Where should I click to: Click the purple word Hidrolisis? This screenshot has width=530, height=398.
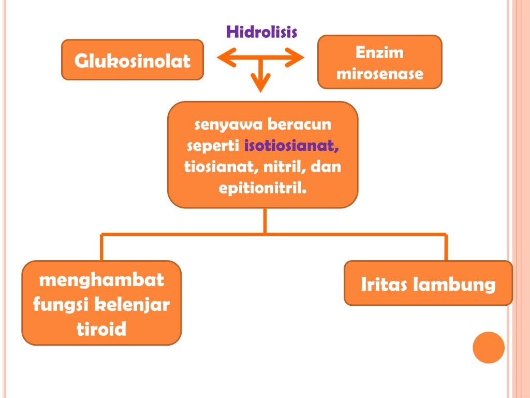(x=261, y=32)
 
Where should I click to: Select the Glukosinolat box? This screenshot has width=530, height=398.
(x=132, y=60)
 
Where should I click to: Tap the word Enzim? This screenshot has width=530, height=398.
(x=379, y=53)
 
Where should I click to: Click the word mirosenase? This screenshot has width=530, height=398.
(x=379, y=74)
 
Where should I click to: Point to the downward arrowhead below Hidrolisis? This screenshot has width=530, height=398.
(x=261, y=83)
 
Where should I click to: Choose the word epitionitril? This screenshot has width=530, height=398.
(x=263, y=187)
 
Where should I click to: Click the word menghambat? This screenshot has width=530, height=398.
(x=102, y=281)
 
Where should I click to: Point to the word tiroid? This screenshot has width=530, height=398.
(x=101, y=329)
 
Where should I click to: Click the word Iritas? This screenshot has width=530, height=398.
(x=383, y=284)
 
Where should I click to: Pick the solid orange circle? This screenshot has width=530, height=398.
(x=488, y=347)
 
